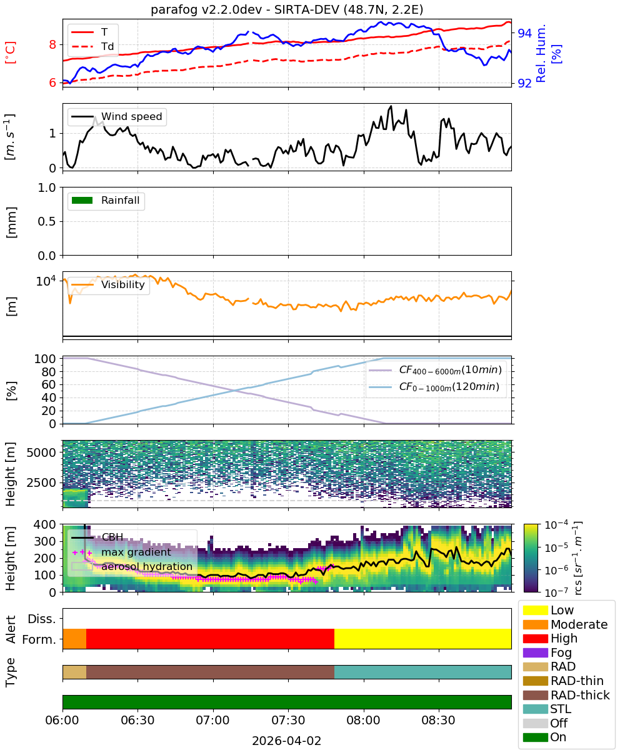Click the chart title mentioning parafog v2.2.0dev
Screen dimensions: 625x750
[287, 10]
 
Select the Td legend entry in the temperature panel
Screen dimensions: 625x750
[92, 47]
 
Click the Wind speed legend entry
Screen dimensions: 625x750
[117, 116]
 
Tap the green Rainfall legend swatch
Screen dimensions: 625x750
[82, 201]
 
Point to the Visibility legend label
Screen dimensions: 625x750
[123, 284]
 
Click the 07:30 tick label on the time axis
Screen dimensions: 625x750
[288, 720]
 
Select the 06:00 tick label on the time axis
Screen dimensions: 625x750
[62, 720]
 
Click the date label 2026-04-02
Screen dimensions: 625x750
[287, 741]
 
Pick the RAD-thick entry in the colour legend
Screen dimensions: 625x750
[566, 695]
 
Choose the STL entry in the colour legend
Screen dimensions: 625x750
[547, 709]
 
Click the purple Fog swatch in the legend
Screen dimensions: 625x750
[535, 652]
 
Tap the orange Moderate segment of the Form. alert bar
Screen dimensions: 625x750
[74, 639]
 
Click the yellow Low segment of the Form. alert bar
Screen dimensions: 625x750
[422, 639]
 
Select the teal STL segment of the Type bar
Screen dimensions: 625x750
[422, 672]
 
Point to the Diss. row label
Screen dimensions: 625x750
[42, 619]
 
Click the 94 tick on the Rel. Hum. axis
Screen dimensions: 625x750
[524, 33]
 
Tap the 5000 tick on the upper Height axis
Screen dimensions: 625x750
[41, 452]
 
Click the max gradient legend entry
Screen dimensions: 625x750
[122, 552]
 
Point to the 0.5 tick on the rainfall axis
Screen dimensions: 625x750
[47, 221]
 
